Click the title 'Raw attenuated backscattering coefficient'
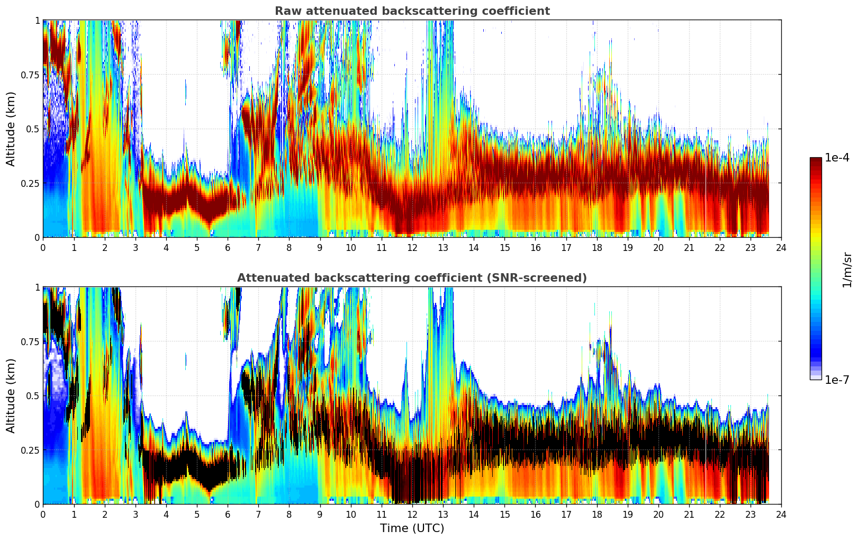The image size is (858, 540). pyautogui.click(x=412, y=11)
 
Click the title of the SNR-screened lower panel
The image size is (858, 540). pyautogui.click(x=412, y=278)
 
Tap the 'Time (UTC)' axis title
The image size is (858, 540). pyautogui.click(x=412, y=528)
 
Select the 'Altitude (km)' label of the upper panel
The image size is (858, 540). pyautogui.click(x=11, y=129)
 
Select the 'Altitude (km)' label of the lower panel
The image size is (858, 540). pyautogui.click(x=11, y=395)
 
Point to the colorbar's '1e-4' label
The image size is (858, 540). pyautogui.click(x=836, y=158)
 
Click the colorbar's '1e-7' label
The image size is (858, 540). pyautogui.click(x=836, y=380)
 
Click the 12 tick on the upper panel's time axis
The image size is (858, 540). pyautogui.click(x=412, y=247)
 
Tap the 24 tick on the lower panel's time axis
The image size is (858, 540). pyautogui.click(x=781, y=514)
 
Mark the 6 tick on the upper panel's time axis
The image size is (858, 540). pyautogui.click(x=228, y=247)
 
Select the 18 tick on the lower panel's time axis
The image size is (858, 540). pyautogui.click(x=597, y=514)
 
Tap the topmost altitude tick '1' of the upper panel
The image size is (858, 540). pyautogui.click(x=37, y=20)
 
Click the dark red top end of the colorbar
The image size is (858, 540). pyautogui.click(x=815, y=160)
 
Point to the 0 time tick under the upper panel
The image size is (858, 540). pyautogui.click(x=43, y=247)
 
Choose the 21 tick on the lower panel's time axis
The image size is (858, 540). pyautogui.click(x=689, y=514)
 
